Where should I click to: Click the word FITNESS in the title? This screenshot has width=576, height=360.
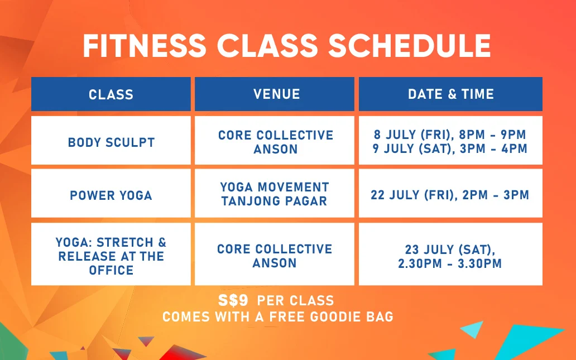point(145,46)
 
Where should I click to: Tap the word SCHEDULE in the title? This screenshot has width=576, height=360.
point(410,46)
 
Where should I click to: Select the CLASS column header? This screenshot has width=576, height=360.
point(111,94)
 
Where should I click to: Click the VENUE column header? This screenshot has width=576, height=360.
point(275,94)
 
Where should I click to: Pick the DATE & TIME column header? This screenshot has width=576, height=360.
point(450,94)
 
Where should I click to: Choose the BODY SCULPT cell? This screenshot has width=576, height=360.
point(111,140)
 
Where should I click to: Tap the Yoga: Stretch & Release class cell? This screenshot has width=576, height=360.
point(111,254)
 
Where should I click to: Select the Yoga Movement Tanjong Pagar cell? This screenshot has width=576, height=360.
point(275,193)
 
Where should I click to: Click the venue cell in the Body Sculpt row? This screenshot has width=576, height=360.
point(275,140)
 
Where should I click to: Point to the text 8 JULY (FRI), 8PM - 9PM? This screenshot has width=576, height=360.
point(450,135)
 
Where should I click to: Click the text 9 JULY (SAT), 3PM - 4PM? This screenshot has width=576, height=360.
point(450,148)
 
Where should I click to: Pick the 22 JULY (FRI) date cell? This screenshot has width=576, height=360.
point(450,193)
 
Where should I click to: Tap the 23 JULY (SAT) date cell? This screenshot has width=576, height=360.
point(450,254)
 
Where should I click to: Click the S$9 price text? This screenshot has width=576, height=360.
point(233,300)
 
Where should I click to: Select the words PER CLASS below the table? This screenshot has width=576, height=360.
point(295,301)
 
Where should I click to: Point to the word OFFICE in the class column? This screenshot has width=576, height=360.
point(111,270)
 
